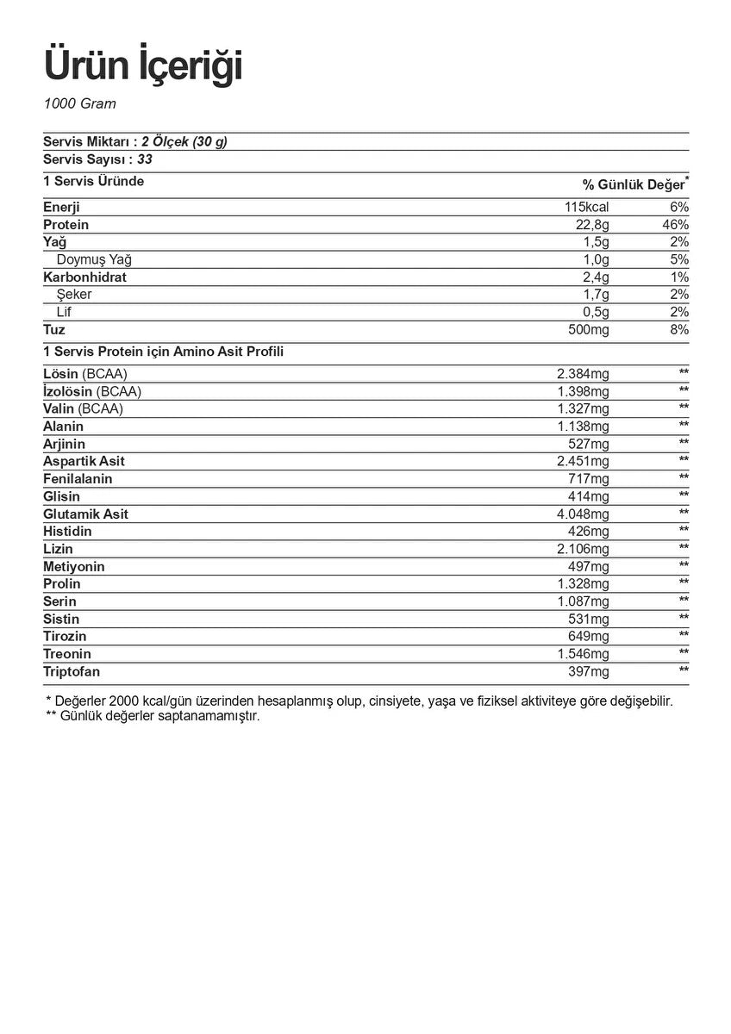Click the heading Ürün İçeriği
[x=143, y=66]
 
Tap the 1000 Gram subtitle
[x=79, y=104]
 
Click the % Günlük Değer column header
[x=634, y=185]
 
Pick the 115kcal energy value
[x=586, y=208]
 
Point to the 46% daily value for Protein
[x=675, y=225]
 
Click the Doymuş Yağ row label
[x=94, y=259]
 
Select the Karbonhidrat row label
[x=84, y=277]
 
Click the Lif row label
[x=64, y=312]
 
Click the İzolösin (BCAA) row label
[x=92, y=391]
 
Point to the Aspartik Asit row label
[x=84, y=462]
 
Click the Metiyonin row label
[x=74, y=567]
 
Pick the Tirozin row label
[x=65, y=637]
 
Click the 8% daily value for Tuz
[x=678, y=330]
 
